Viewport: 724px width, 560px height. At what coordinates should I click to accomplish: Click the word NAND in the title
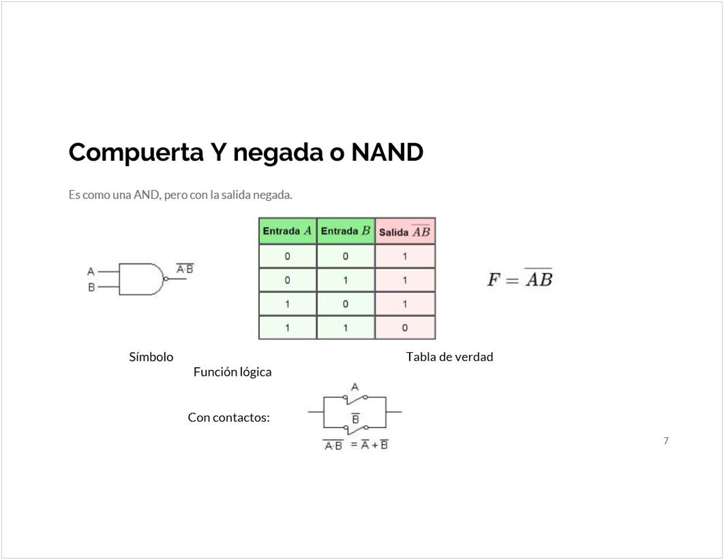387,152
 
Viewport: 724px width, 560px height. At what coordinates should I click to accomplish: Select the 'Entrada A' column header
287,231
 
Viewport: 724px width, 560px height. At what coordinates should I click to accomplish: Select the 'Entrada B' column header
346,231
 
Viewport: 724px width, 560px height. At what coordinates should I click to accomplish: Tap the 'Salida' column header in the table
405,232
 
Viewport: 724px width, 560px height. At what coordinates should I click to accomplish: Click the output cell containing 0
405,328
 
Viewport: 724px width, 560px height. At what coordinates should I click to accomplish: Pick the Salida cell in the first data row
405,257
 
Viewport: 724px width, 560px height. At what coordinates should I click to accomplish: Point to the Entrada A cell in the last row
287,328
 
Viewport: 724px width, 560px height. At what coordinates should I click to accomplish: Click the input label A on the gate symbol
91,271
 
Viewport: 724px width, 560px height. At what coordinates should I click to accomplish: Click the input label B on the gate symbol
91,287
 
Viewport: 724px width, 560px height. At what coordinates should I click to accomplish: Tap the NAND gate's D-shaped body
140,279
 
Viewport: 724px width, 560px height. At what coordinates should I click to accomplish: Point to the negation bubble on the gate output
166,279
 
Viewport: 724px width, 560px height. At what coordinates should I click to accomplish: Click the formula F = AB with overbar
519,279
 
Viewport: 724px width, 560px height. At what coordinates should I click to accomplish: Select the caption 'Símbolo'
151,357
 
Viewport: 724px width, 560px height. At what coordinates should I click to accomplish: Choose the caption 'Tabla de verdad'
449,357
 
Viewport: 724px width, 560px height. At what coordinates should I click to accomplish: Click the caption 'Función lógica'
232,372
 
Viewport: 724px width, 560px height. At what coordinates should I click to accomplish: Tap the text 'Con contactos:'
229,418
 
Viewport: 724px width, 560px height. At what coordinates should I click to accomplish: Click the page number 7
666,441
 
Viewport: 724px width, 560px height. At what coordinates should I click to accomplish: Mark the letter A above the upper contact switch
355,387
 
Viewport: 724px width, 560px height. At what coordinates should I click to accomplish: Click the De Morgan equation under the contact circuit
356,446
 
